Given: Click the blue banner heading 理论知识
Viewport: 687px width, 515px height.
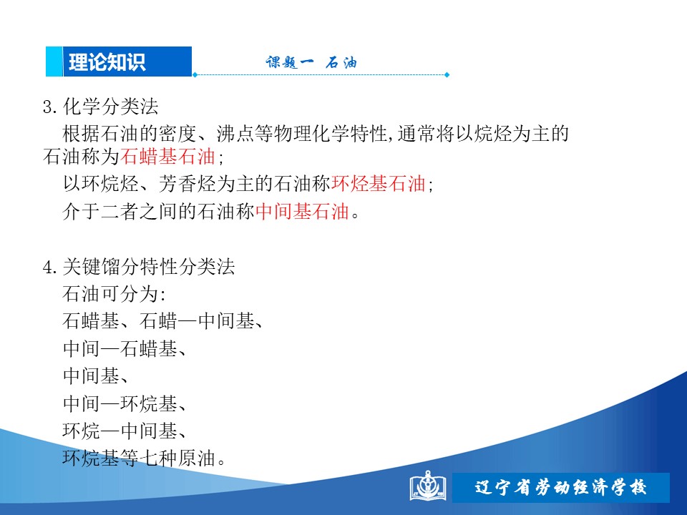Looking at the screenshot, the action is (x=107, y=62).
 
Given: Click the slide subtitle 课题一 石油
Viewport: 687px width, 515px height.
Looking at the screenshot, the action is (x=311, y=63).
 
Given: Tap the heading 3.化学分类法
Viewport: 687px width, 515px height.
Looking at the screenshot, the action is (x=101, y=107).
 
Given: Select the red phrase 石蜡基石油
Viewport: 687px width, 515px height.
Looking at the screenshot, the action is (x=167, y=157).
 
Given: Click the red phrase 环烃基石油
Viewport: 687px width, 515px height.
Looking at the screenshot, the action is (x=379, y=184).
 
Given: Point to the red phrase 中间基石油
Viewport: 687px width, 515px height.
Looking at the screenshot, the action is (x=302, y=212).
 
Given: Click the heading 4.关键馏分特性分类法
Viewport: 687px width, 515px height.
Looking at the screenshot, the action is (x=139, y=267).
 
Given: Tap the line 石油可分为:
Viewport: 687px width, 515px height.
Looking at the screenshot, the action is (x=114, y=294).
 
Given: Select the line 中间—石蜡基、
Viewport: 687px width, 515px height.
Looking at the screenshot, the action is (x=125, y=349).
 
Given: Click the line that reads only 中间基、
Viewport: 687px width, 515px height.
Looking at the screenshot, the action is (x=95, y=376).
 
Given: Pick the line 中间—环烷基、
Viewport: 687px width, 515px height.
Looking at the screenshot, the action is (x=125, y=403).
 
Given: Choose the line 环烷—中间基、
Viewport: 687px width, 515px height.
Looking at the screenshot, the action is (x=125, y=431).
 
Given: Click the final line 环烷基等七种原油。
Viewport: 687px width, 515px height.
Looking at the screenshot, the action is (x=144, y=458).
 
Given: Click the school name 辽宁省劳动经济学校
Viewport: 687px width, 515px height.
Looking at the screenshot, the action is (x=560, y=487).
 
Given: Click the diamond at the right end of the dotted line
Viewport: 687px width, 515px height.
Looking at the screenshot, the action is (x=447, y=75).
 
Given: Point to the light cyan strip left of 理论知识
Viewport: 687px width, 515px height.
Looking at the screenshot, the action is (x=54, y=62).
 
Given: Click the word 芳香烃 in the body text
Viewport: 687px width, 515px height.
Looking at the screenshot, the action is (x=187, y=184).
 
